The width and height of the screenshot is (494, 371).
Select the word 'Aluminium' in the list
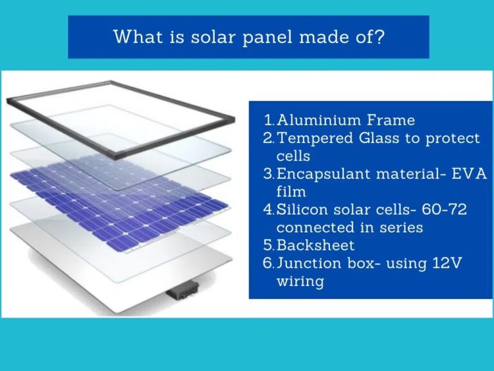(x=311, y=120)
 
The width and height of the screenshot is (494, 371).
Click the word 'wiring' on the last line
(x=300, y=281)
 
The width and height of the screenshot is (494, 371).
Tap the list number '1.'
(x=269, y=120)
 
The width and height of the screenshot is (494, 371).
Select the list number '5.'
(x=269, y=245)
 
